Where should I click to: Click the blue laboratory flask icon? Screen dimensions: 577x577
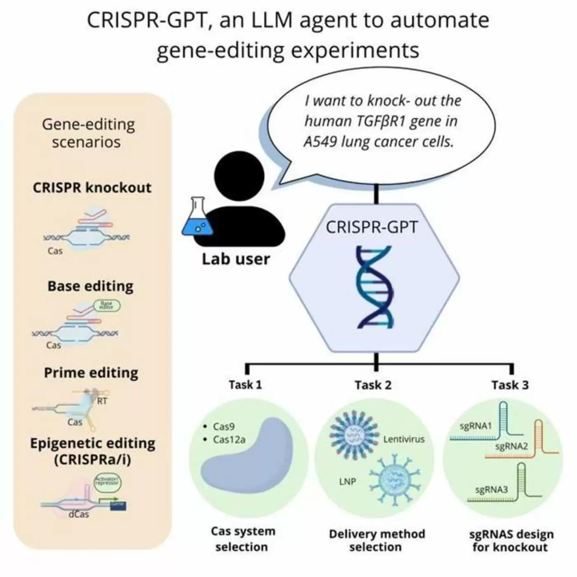tap(197, 218)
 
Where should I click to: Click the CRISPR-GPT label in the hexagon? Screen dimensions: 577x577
tap(372, 228)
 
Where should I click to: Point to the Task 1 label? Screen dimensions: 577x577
tap(245, 385)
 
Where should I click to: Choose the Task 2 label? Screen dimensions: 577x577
tap(373, 385)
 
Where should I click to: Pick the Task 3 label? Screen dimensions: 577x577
tap(510, 385)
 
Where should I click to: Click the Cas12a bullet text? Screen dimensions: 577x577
tap(229, 440)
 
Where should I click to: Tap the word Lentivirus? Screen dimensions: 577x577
tap(404, 439)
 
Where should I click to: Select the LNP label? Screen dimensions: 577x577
tap(347, 481)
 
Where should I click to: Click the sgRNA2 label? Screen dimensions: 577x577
tap(511, 446)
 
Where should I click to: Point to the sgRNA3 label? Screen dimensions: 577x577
tap(492, 490)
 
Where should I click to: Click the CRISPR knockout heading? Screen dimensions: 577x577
tap(92, 188)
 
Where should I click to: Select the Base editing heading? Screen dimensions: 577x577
tap(90, 286)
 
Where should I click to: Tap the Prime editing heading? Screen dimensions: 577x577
tap(91, 373)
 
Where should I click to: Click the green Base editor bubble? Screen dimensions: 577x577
tap(107, 305)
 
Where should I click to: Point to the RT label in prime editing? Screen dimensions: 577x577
tap(102, 401)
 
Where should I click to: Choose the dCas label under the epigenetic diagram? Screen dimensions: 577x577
tap(79, 514)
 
